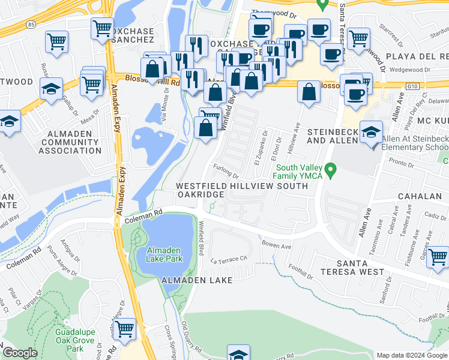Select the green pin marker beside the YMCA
coord(330,173)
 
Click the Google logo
coord(20,353)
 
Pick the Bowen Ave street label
coord(276,245)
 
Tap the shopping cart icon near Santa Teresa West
coord(438,257)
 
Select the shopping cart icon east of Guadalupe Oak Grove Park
coord(125,329)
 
